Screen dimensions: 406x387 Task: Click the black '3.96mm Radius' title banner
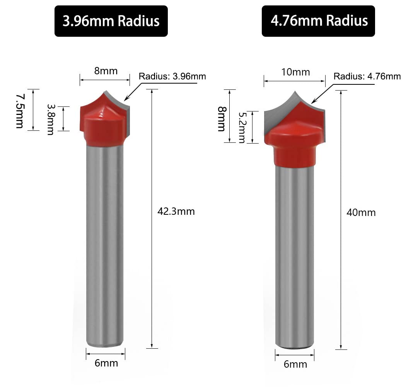[111, 21]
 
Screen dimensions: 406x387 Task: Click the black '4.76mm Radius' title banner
[318, 21]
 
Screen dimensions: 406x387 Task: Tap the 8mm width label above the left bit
[106, 71]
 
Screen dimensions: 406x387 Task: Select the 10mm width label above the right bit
[295, 72]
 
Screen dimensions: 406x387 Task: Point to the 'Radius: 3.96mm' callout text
[172, 76]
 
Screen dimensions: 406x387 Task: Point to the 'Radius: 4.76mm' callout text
[367, 76]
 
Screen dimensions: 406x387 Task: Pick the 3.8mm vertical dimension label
[51, 120]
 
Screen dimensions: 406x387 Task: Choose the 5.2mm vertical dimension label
[242, 127]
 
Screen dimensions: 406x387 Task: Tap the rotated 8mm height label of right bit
[222, 119]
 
